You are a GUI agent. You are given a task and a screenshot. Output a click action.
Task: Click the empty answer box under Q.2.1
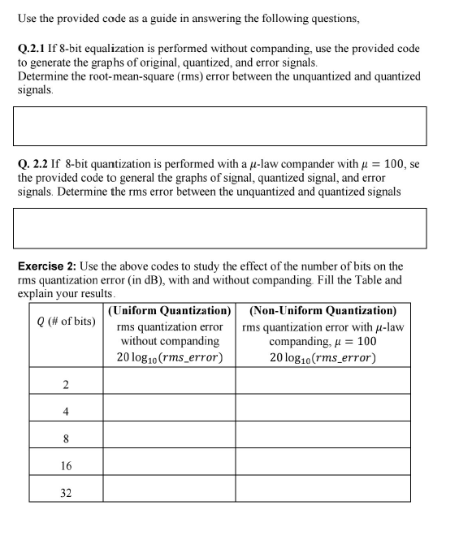[219, 127]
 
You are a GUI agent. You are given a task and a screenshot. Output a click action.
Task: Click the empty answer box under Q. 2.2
[219, 228]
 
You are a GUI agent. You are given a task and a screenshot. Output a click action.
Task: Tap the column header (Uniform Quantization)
[169, 311]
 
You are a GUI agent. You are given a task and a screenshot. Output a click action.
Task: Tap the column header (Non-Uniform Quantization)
[323, 311]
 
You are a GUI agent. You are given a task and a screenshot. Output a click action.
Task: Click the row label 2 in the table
[66, 384]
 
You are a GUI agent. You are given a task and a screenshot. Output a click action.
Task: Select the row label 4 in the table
[66, 411]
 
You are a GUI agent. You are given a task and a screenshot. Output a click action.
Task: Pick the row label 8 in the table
[66, 438]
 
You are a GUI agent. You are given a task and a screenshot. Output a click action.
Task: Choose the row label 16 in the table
[66, 465]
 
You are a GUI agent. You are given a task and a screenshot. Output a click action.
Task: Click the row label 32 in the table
[66, 491]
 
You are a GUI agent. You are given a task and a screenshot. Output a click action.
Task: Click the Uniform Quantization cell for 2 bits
[169, 382]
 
